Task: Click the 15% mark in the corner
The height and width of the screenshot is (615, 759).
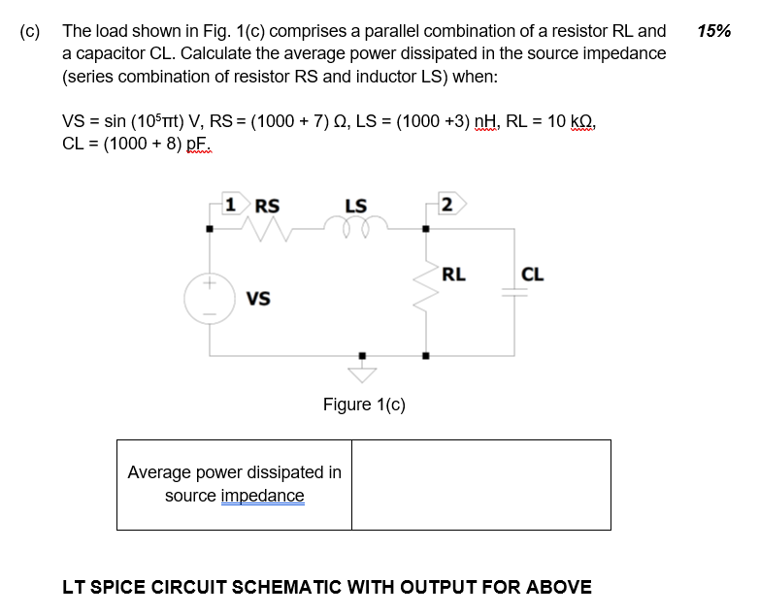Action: (x=713, y=31)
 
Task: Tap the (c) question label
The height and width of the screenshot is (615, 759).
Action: (x=30, y=31)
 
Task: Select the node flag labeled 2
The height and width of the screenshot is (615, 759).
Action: (x=448, y=204)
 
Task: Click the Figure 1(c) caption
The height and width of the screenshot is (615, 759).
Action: (x=364, y=405)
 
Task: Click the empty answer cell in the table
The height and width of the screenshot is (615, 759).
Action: (x=480, y=484)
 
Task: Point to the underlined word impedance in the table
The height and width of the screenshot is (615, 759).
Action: (x=262, y=497)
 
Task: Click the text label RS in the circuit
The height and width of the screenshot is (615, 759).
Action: (x=267, y=206)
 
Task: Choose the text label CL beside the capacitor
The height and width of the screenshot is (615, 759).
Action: (x=533, y=275)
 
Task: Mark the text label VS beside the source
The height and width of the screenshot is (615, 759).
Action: (x=258, y=299)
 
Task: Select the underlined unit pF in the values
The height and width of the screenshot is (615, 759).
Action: (x=199, y=144)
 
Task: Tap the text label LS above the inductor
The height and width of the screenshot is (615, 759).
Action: (x=356, y=206)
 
